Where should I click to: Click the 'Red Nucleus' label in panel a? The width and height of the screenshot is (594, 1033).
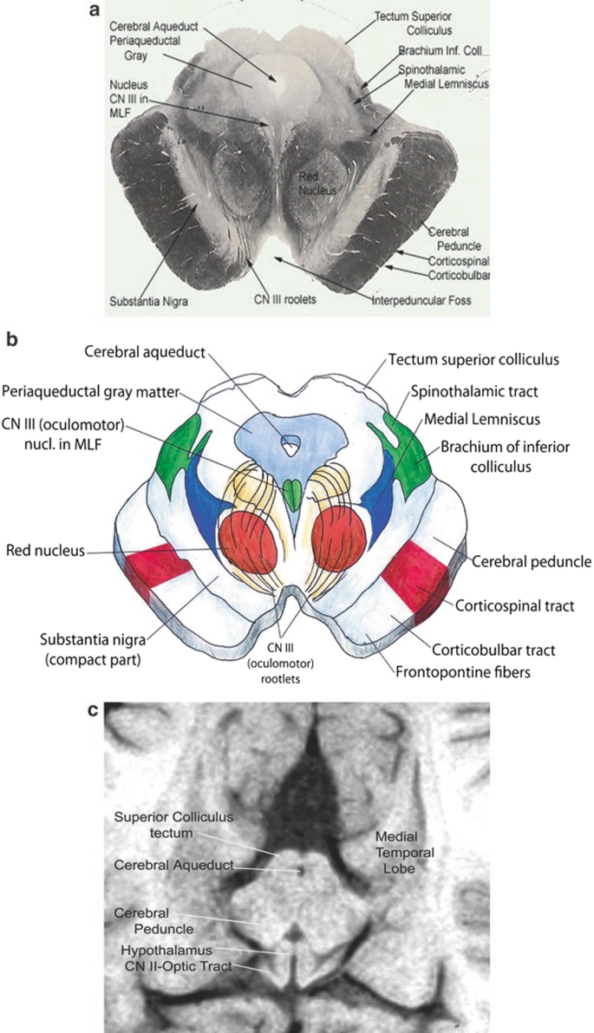coord(312,181)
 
